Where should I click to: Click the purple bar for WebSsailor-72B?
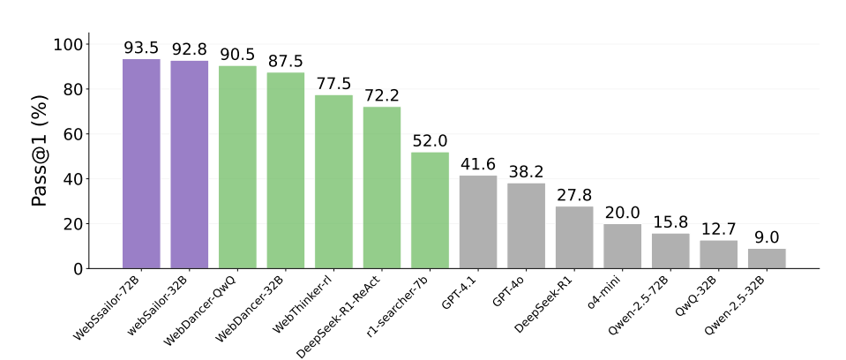click(141, 164)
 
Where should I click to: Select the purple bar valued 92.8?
click(189, 165)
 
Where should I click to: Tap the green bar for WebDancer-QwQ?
click(237, 168)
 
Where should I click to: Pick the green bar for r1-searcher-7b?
click(430, 210)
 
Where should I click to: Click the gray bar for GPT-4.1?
click(478, 222)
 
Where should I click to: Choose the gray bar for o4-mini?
click(623, 246)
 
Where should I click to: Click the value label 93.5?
click(141, 48)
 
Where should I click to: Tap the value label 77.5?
click(333, 84)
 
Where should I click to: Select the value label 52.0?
click(430, 141)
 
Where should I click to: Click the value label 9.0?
click(767, 237)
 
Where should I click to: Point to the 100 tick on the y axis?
click(72, 45)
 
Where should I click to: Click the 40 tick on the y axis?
click(78, 179)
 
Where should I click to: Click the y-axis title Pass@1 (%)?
click(40, 156)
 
